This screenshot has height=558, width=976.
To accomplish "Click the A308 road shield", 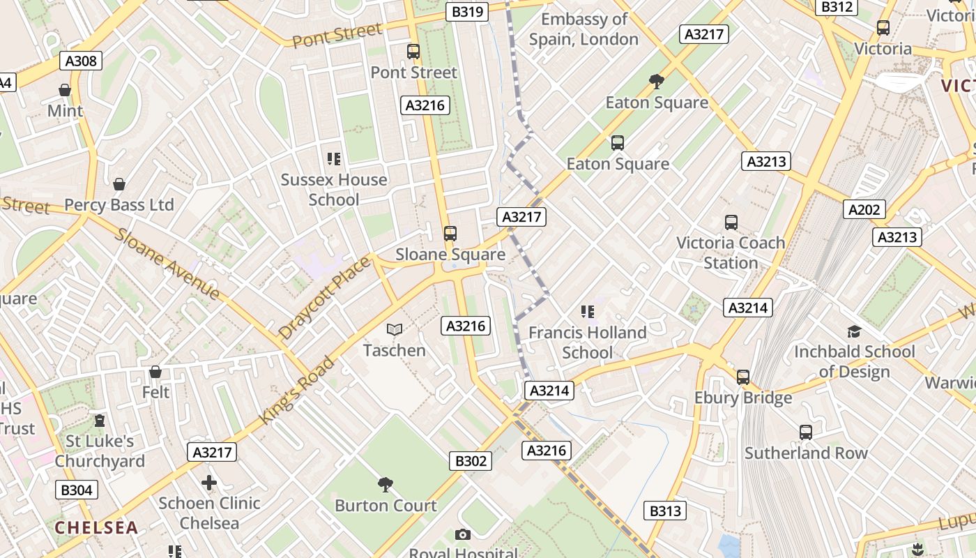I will pyautogui.click(x=81, y=61).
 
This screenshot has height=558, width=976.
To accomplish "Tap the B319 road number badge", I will pyautogui.click(x=467, y=12).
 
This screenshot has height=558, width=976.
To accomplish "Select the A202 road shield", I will pyautogui.click(x=864, y=209).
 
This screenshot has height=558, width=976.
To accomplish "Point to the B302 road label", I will pyautogui.click(x=471, y=460).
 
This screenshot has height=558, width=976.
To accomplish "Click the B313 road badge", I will pyautogui.click(x=665, y=511).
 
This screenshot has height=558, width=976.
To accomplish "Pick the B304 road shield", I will pyautogui.click(x=77, y=490).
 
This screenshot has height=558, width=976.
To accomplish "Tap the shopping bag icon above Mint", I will pyautogui.click(x=65, y=90).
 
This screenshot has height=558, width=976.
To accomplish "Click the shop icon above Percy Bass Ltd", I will pyautogui.click(x=119, y=184).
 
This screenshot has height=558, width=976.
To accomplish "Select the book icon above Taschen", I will pyautogui.click(x=395, y=329).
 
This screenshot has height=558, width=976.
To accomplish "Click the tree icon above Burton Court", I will pyautogui.click(x=385, y=484).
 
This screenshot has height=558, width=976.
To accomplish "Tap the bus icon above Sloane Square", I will pyautogui.click(x=450, y=234).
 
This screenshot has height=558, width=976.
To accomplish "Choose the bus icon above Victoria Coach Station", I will pyautogui.click(x=731, y=223).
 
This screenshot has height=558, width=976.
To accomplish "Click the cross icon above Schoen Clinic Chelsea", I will pyautogui.click(x=209, y=482).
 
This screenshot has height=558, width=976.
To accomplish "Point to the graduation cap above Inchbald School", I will pyautogui.click(x=854, y=331).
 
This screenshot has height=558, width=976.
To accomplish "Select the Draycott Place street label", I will pyautogui.click(x=324, y=298).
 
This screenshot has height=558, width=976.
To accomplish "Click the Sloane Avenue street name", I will pyautogui.click(x=167, y=264).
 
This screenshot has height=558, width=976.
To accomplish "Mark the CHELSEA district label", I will pyautogui.click(x=96, y=527).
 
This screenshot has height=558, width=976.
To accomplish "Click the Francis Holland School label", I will pyautogui.click(x=587, y=342).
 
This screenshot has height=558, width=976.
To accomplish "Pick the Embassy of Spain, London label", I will pyautogui.click(x=584, y=29).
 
